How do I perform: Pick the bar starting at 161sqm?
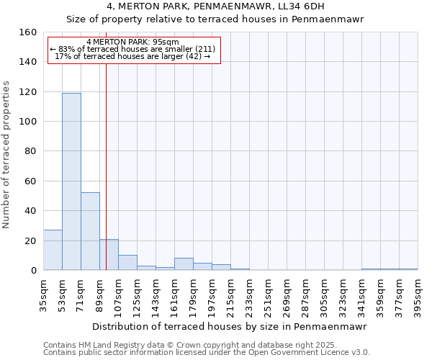click(x=184, y=264)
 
